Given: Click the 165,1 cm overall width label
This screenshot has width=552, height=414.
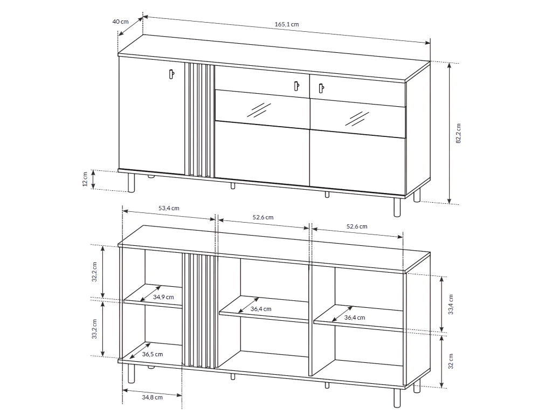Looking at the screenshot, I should [x=286, y=25].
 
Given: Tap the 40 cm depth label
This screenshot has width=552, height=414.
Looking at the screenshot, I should [x=120, y=22].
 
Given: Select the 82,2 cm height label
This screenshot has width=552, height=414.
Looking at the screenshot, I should [x=458, y=133].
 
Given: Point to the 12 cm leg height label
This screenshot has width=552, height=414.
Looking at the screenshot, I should [x=85, y=180].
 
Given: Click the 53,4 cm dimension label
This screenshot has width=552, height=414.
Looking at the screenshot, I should [x=169, y=208].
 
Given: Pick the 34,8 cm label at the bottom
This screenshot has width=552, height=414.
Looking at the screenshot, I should [x=153, y=398].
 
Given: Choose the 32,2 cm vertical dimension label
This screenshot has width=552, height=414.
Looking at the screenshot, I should [x=94, y=272].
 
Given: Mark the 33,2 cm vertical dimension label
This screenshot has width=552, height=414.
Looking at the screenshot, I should [x=94, y=328].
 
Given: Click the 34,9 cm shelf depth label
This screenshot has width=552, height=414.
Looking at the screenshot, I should [x=163, y=297].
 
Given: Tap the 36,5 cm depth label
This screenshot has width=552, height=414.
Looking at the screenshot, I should [x=153, y=354].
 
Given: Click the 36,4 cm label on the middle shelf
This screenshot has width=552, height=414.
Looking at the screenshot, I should [x=261, y=309].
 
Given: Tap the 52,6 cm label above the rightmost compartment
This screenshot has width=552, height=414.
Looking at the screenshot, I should [x=356, y=226].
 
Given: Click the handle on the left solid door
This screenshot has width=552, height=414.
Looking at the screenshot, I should [x=171, y=74].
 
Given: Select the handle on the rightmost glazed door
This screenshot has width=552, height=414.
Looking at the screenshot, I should [x=321, y=87].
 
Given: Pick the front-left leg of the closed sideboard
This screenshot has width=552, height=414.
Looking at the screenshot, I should [x=130, y=183].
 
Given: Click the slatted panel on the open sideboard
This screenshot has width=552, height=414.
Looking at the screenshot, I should [x=201, y=310].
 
